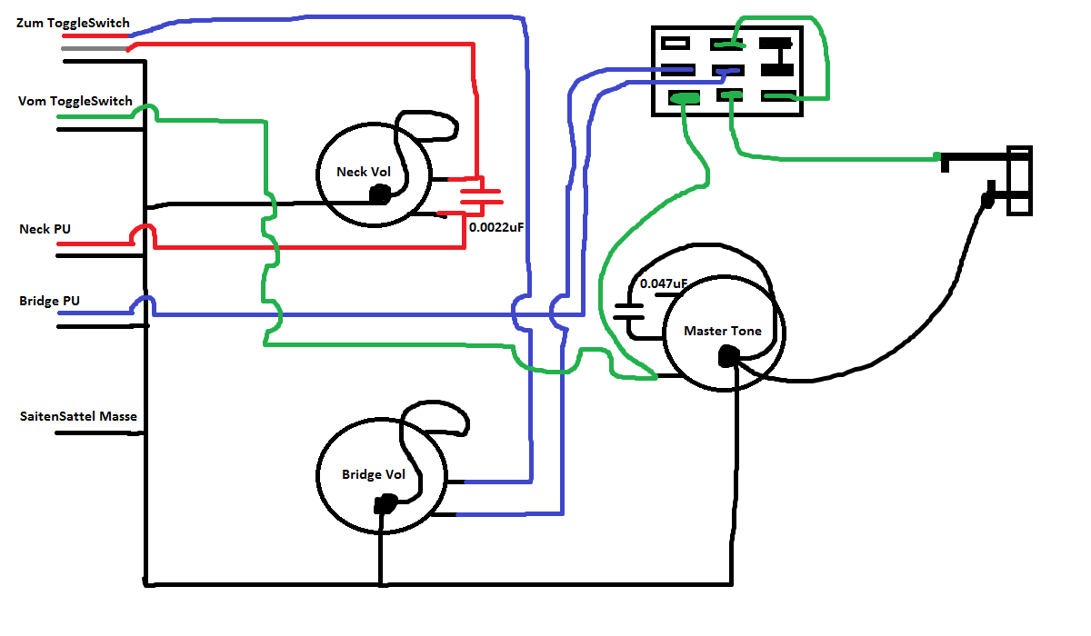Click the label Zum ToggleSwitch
tap(73, 23)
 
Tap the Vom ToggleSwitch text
tap(75, 101)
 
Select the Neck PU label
tap(45, 229)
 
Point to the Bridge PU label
tap(48, 300)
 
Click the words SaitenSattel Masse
tap(78, 417)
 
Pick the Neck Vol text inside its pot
tap(363, 172)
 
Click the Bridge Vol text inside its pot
tap(373, 474)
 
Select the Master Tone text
tap(723, 331)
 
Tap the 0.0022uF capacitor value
tap(496, 228)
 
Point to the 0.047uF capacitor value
tap(663, 283)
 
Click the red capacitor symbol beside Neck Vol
tap(480, 194)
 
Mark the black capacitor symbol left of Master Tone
tap(627, 312)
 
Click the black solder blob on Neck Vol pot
tap(379, 194)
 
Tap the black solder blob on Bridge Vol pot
tap(386, 503)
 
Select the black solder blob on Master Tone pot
tap(727, 357)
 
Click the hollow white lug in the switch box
tap(676, 42)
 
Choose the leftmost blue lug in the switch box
tap(678, 69)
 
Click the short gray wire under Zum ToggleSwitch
tap(95, 48)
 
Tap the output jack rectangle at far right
tap(1019, 181)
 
